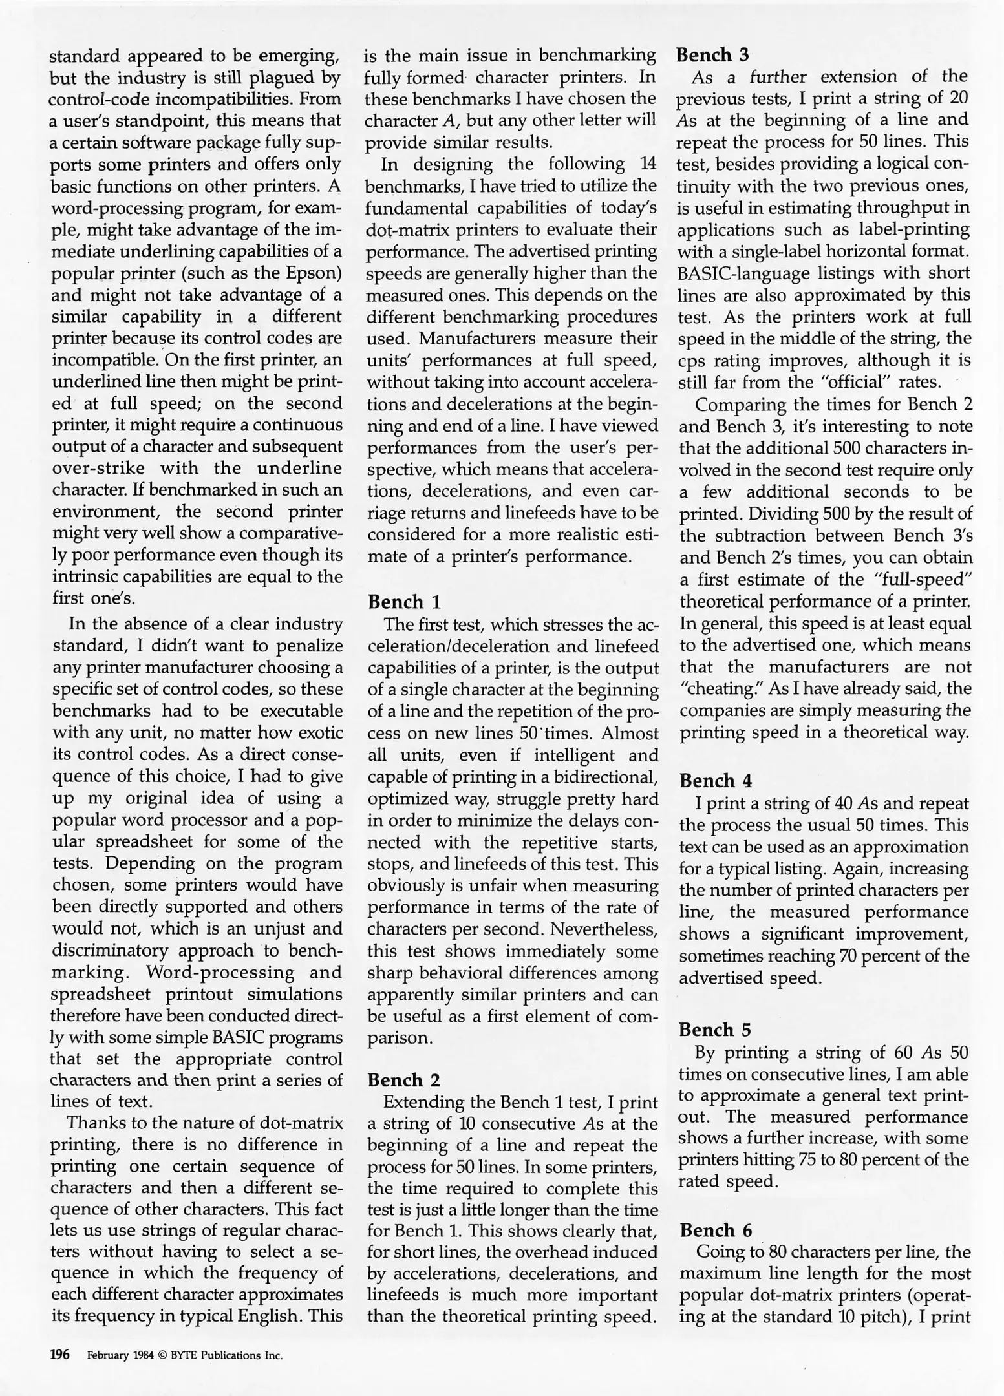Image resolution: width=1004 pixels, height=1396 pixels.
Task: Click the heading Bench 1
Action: coord(404,602)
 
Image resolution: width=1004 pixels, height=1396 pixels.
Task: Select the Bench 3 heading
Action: coord(712,55)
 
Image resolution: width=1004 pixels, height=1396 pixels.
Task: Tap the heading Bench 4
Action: coord(716,781)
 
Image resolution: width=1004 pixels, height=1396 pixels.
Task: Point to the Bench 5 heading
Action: coord(716,1030)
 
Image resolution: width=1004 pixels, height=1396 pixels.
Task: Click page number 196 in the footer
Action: coord(59,1355)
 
